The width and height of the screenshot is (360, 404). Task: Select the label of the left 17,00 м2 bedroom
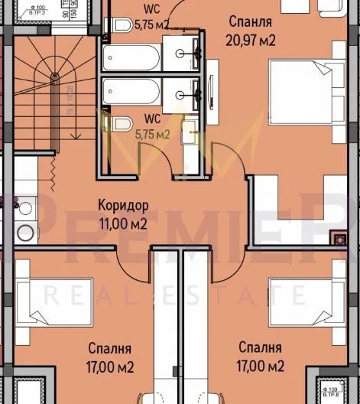(109, 357)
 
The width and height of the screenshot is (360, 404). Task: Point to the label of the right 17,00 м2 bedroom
(261, 357)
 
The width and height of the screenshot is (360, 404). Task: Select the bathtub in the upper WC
(132, 57)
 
